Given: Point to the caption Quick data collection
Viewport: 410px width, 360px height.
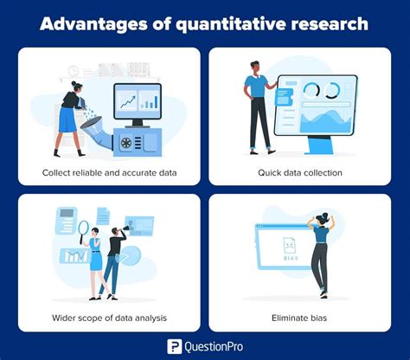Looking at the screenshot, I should [299, 172].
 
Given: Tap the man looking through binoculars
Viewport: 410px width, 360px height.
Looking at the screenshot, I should [112, 260].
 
